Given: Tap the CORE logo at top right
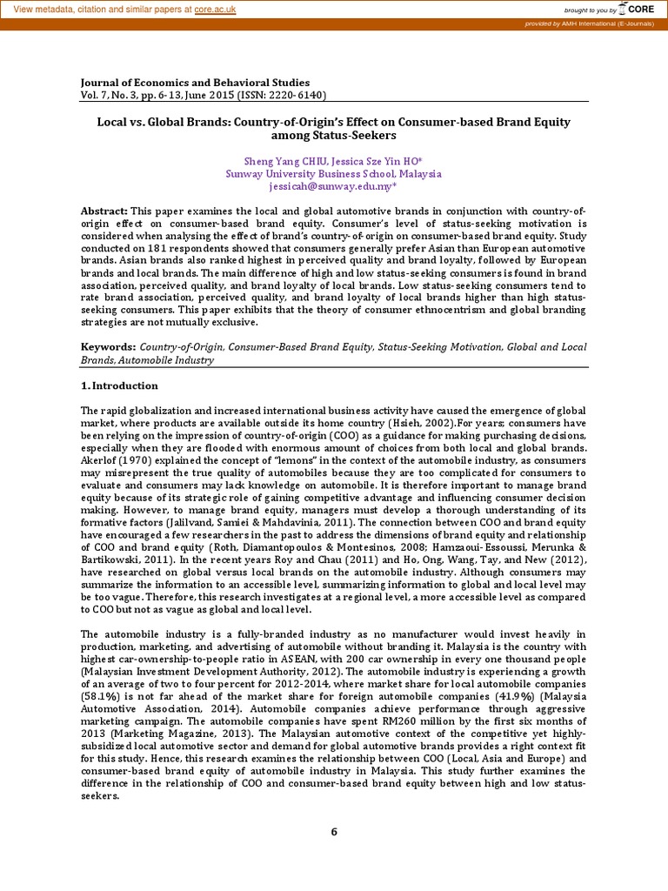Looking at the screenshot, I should [642, 10].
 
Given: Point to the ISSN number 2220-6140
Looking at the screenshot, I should [297, 96].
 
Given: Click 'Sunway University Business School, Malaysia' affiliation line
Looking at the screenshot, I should [334, 174].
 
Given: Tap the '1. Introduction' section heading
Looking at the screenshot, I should [120, 385].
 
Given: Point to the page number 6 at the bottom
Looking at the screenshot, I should [333, 832].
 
